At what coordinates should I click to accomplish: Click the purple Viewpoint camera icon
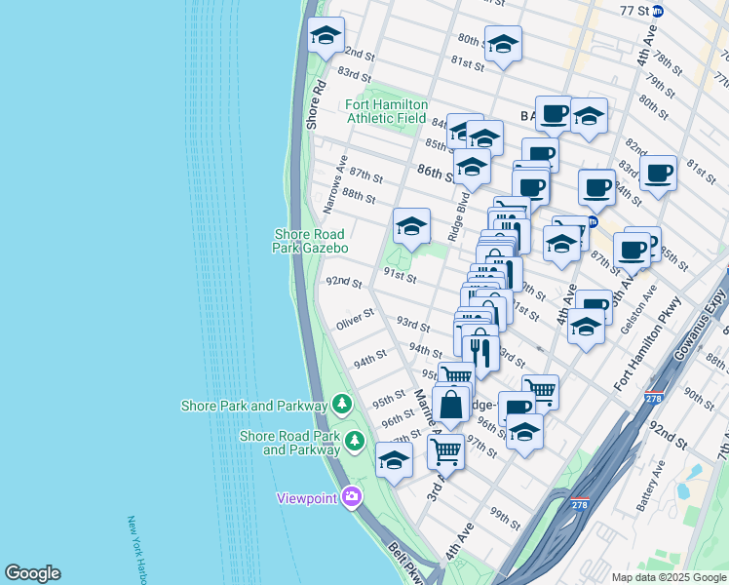click(x=352, y=497)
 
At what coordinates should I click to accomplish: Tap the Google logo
click(x=33, y=573)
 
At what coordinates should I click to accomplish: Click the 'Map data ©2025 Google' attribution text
click(x=668, y=577)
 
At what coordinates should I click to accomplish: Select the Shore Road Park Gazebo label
click(x=310, y=241)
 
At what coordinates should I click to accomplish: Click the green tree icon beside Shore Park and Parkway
click(x=341, y=404)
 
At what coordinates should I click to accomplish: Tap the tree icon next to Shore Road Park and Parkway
click(x=356, y=441)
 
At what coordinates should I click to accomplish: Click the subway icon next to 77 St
click(x=658, y=12)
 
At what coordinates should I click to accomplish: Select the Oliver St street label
click(x=356, y=317)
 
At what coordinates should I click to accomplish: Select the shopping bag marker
click(x=451, y=405)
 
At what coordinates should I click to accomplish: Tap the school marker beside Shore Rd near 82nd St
click(x=325, y=37)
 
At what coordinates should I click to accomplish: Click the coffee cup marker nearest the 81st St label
click(x=659, y=173)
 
